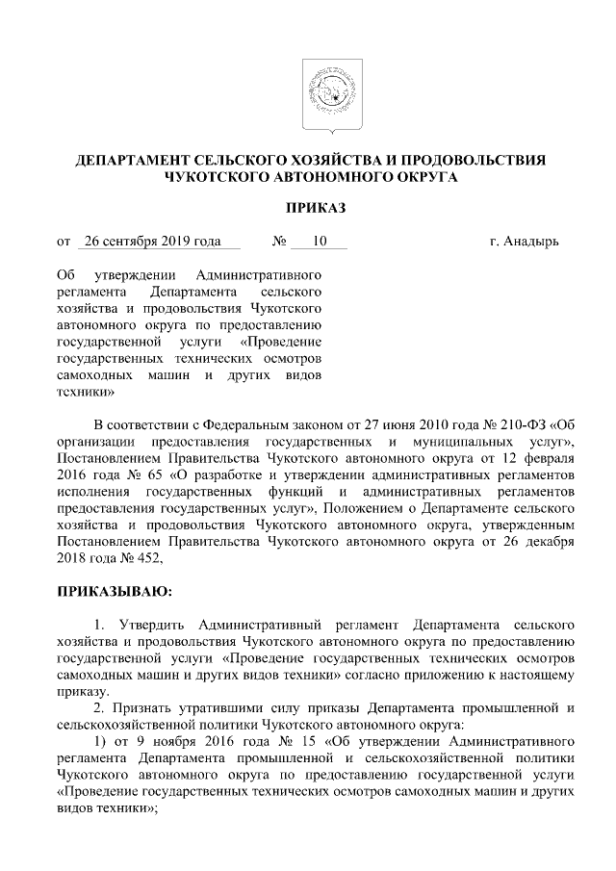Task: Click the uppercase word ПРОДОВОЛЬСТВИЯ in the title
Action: click(473, 160)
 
